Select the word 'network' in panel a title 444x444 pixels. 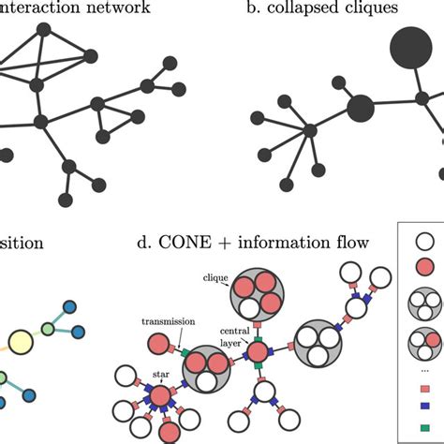point(124,10)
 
